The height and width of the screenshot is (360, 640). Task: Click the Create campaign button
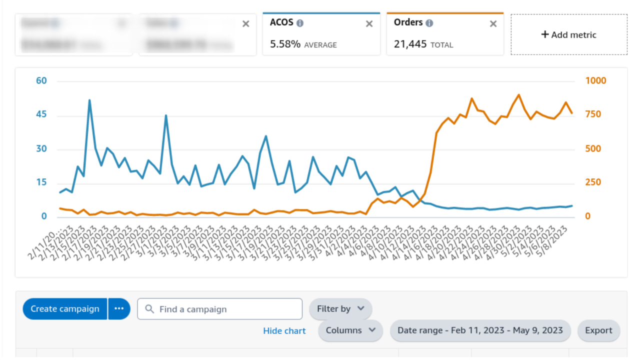coord(65,309)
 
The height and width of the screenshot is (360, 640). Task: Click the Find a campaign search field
coord(220,309)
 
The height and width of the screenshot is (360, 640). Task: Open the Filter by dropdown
coord(340,309)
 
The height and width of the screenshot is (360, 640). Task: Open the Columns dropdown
coord(350,330)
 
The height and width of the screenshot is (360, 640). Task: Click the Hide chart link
coord(284,331)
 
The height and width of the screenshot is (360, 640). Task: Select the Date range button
coord(480,330)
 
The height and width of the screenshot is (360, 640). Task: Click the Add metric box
coord(569,34)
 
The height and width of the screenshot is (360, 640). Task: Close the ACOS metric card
coord(369,24)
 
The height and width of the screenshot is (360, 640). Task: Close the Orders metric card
coord(493,24)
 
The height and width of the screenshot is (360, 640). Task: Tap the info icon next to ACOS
coord(300,23)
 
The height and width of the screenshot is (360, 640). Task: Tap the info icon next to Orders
coord(429,23)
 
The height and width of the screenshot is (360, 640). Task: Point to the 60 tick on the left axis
coord(41,81)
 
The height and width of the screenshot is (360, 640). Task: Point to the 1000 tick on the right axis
coord(595,81)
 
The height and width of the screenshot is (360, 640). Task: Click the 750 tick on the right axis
coord(593,114)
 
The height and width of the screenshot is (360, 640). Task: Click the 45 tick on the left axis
coord(41,114)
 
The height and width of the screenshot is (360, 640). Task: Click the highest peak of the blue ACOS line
coord(89,100)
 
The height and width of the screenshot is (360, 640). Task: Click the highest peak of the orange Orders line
coord(518,94)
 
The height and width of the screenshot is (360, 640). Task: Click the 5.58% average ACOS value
coord(285,44)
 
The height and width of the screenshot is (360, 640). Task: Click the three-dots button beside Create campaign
coord(119,309)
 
